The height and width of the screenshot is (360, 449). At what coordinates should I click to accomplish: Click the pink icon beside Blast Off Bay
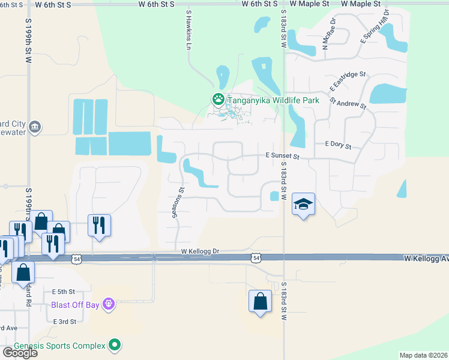[108, 304]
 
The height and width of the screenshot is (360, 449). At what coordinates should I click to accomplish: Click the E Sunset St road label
[282, 155]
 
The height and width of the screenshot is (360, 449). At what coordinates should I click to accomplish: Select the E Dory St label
[337, 145]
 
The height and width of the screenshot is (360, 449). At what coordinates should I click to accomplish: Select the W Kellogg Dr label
[200, 251]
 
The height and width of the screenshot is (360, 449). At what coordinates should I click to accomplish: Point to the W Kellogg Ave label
[426, 258]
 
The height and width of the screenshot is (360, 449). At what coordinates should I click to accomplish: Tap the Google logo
[20, 353]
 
